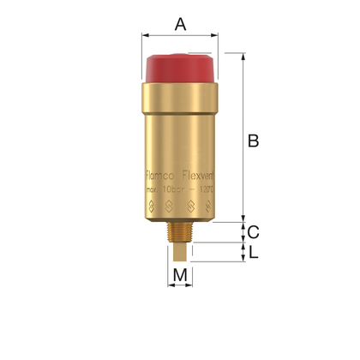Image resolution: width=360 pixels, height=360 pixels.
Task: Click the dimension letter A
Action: (180, 23)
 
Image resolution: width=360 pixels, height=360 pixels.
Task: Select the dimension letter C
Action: (253, 231)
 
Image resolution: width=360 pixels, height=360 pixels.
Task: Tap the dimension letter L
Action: (253, 252)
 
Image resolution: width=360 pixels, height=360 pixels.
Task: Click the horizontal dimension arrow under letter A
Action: (180, 36)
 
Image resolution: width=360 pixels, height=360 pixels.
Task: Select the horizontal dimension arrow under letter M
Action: (180, 286)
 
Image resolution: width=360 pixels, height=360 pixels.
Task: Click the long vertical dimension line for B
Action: (243, 137)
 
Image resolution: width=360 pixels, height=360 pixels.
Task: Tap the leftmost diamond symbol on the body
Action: (148, 206)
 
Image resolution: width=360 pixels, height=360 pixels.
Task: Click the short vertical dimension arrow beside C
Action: (243, 231)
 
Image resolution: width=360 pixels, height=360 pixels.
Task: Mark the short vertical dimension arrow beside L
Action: (243, 252)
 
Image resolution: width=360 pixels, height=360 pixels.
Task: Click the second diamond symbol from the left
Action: (169, 206)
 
